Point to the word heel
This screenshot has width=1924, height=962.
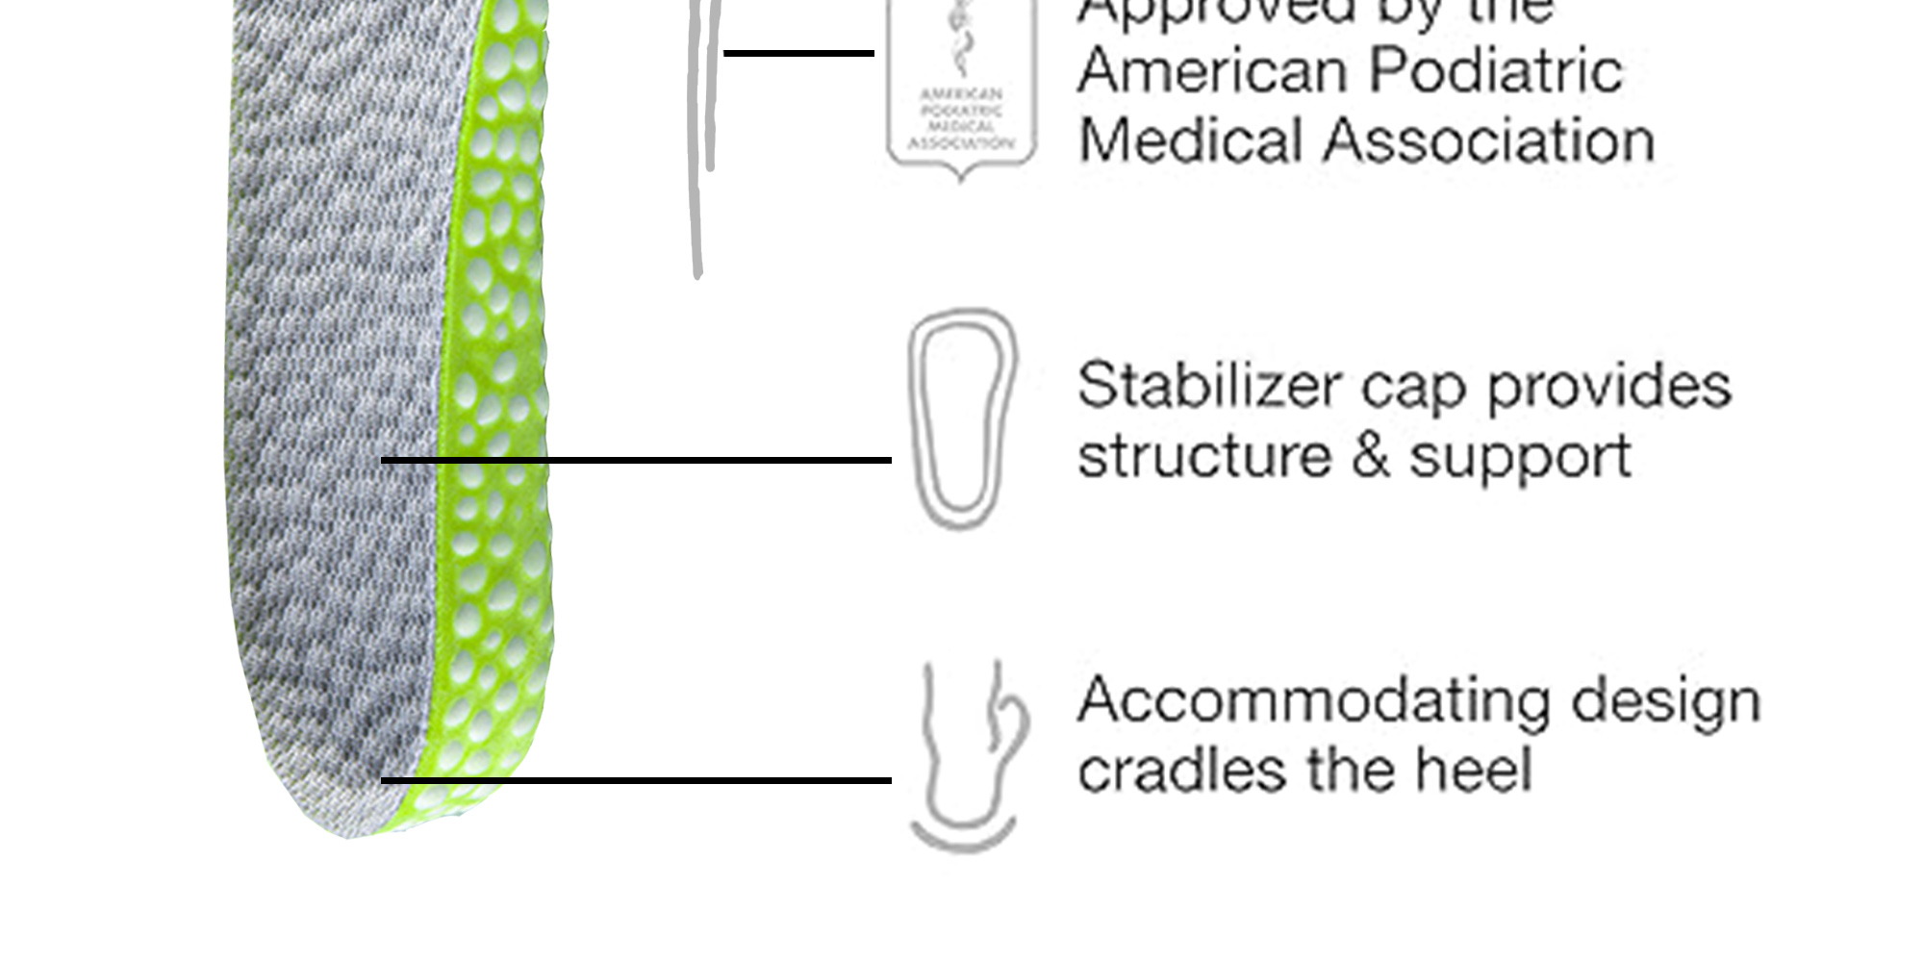tap(1474, 770)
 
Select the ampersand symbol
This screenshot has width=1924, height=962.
tap(1370, 455)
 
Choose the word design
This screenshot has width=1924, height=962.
tap(1665, 701)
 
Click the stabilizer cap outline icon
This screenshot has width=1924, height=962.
tap(961, 418)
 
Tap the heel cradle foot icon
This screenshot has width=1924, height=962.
tap(965, 756)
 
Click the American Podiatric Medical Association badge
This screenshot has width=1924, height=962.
tap(961, 91)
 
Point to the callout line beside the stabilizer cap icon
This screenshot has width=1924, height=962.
tap(635, 461)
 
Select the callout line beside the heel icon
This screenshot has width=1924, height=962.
tap(635, 780)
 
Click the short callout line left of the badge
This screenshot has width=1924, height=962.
tap(798, 53)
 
